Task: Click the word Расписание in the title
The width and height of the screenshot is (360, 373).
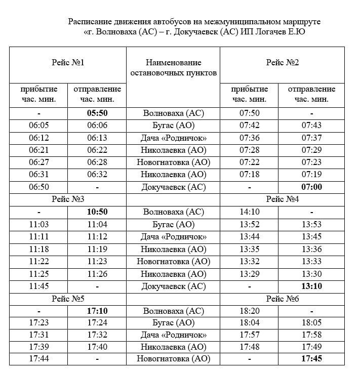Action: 90,22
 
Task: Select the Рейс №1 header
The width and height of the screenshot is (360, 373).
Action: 67,62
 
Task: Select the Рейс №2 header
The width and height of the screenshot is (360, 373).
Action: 282,62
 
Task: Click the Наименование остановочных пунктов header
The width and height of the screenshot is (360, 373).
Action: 173,68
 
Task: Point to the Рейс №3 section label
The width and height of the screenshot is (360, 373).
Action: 67,199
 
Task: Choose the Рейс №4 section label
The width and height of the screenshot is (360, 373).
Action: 282,199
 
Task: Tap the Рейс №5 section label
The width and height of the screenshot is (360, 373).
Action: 67,298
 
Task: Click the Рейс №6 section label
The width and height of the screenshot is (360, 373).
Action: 282,298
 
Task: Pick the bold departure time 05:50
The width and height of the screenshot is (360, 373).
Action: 97,113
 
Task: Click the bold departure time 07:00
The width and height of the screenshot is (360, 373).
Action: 311,187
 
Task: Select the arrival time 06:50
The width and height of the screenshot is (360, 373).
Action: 38,187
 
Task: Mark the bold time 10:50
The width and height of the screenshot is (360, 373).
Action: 97,212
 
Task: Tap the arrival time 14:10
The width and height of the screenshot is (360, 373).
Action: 249,212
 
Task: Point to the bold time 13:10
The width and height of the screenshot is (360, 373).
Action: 311,286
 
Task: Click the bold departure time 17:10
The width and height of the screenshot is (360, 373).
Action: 97,311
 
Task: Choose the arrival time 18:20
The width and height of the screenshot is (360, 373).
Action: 249,311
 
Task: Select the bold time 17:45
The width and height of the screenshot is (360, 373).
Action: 311,359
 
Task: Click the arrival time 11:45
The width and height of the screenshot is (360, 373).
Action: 38,286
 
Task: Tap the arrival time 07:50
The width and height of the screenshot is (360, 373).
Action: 249,113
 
